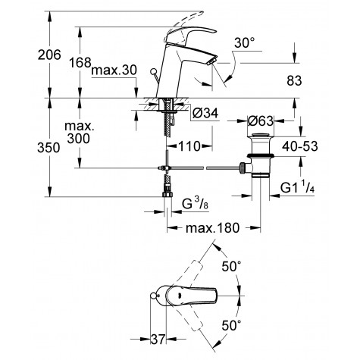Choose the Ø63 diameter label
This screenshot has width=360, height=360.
point(262,120)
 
